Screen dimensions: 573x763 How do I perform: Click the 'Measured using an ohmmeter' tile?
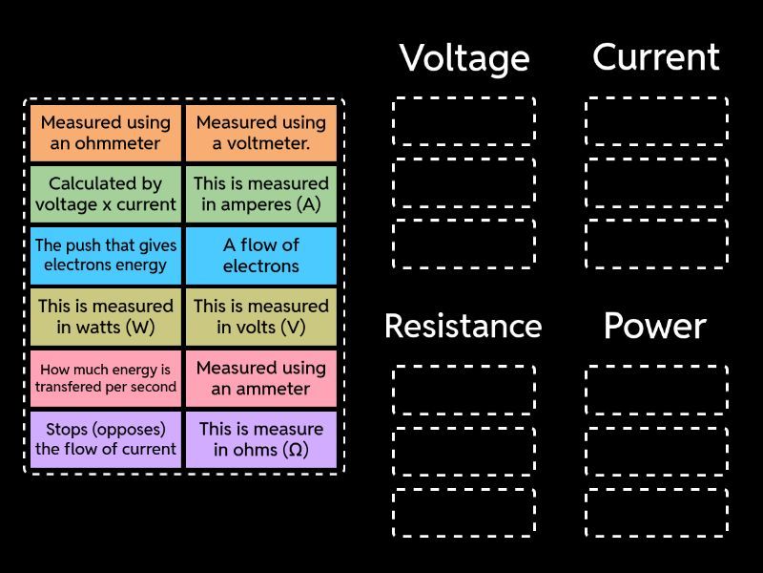coord(106,133)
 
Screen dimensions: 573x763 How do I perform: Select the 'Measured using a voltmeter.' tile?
coord(261,133)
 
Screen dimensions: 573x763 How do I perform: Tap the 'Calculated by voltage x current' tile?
coord(106,194)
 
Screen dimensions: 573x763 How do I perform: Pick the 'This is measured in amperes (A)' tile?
coord(261,194)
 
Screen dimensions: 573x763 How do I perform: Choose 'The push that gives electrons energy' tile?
coord(106,255)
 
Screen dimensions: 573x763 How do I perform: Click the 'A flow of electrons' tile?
coord(261,255)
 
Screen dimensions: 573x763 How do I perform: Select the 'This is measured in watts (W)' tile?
coord(106,317)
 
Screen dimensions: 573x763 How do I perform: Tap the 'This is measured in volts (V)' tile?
coord(261,317)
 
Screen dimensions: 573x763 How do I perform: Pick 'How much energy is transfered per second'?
coord(106,378)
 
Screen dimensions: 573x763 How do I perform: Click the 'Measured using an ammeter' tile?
coord(261,378)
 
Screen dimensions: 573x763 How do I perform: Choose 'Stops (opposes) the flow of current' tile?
coord(106,439)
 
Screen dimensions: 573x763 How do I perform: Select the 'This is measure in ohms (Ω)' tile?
coord(261,439)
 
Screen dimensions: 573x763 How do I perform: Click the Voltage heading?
coord(464,58)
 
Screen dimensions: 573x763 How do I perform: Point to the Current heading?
coord(656,57)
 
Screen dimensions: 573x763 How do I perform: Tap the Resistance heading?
coord(464,327)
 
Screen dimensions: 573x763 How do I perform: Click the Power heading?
coord(654,327)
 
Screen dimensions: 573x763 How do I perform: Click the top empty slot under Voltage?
coord(464,121)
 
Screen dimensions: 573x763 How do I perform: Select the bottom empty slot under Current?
coord(656,244)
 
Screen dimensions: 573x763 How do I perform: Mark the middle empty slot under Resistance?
coord(464,451)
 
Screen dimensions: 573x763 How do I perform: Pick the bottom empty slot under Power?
coord(656,513)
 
